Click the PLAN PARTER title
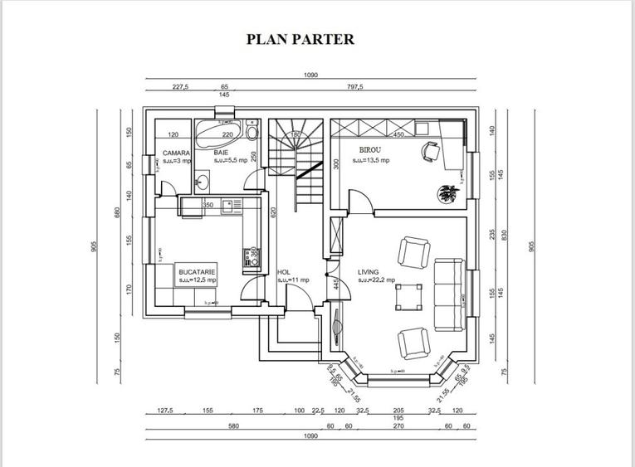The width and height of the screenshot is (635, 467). (x=300, y=39)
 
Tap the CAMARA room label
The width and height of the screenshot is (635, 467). (x=176, y=153)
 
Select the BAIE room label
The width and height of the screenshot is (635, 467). (x=221, y=153)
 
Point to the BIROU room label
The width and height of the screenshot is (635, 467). (x=370, y=150)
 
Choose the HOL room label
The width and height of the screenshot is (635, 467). (x=283, y=271)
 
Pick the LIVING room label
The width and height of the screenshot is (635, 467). (x=369, y=271)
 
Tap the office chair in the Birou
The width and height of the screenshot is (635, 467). (x=431, y=151)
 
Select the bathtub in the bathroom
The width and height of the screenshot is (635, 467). (x=217, y=130)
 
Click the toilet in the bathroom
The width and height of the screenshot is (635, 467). (x=252, y=130)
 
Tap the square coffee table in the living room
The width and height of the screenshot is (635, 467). (x=408, y=296)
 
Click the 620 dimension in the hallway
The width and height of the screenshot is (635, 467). (x=271, y=212)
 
